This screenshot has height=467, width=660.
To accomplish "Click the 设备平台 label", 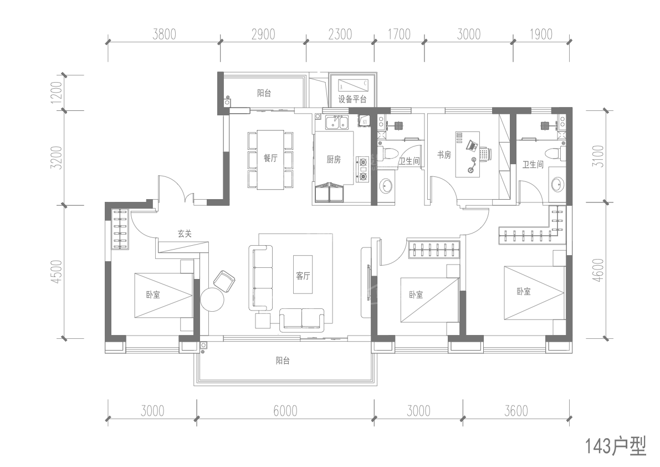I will pyautogui.click(x=352, y=100).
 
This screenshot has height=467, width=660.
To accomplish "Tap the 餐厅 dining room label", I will pyautogui.click(x=270, y=159).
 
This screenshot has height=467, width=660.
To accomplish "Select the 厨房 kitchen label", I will pyautogui.click(x=334, y=160).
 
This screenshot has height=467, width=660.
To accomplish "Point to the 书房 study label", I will pyautogui.click(x=444, y=156).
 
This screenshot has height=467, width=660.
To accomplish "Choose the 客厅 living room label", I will pyautogui.click(x=303, y=276).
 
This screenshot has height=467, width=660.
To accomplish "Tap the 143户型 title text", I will pyautogui.click(x=615, y=446).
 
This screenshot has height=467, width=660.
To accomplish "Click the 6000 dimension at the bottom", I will pyautogui.click(x=285, y=411).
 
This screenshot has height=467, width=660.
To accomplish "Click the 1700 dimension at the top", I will pyautogui.click(x=398, y=34).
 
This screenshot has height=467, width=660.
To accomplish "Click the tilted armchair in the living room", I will pyautogui.click(x=225, y=281).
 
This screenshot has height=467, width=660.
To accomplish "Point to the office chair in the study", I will pyautogui.click(x=485, y=154).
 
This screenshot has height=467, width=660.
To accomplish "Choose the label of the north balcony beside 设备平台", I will pyautogui.click(x=264, y=93).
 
